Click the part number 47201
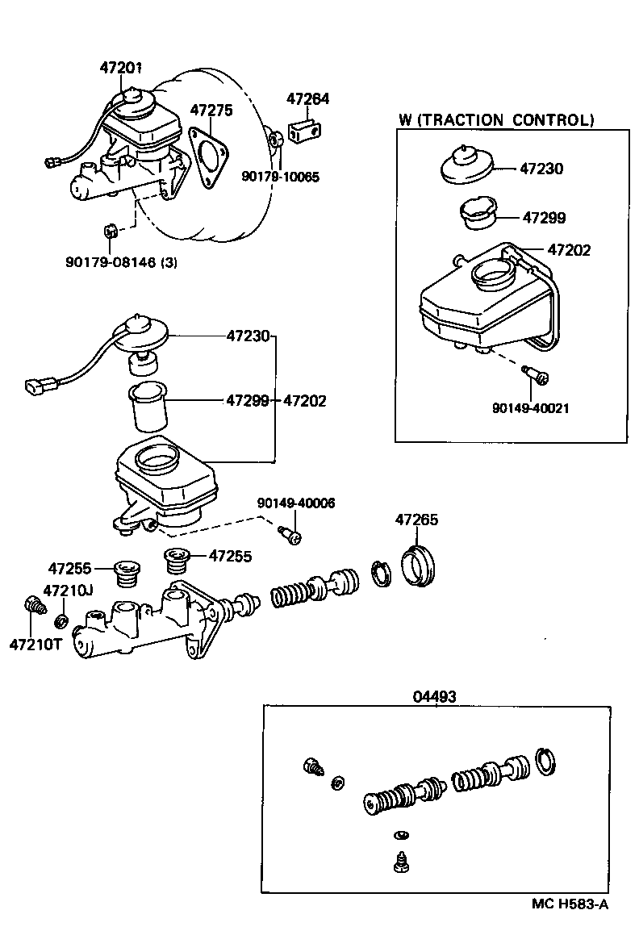pos(121,68)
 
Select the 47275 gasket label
pos(211,110)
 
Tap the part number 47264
pos(308,99)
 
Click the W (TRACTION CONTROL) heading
pos(496,121)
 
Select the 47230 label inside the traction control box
pos(541,169)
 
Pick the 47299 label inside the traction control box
pos(544,218)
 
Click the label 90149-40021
pos(530,408)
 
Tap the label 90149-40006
pos(296,503)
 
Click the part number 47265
pos(416,520)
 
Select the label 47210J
pos(68,591)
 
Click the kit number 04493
pos(435,696)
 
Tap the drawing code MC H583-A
pos(569,904)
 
